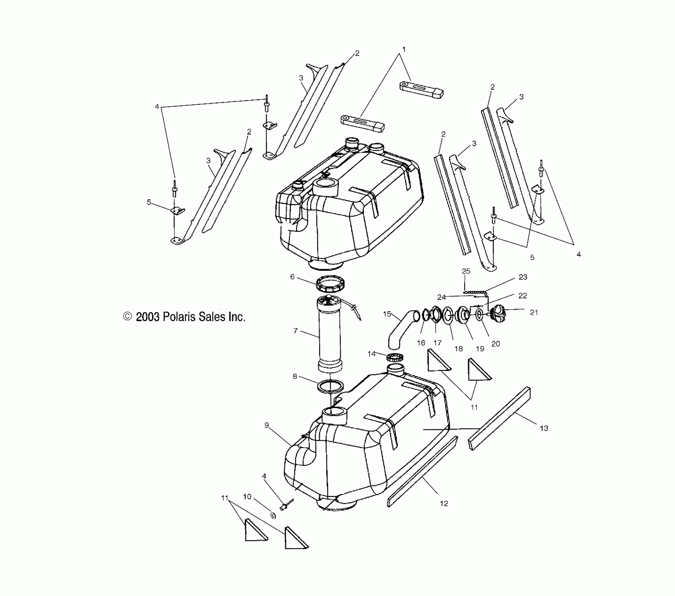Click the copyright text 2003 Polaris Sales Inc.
coord(185,317)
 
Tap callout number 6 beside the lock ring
coord(292,277)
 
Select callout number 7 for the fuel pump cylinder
coord(295,330)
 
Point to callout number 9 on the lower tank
coord(267,425)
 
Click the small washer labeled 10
coord(274,516)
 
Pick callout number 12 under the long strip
coord(444,503)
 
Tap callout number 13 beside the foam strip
coord(544,428)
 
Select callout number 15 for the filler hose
coord(387,314)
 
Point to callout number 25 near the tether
coord(466,271)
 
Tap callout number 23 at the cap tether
coord(523,277)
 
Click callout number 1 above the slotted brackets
coord(404,50)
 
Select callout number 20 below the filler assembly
coord(495,344)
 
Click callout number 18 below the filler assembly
coord(459,348)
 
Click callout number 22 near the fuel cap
coord(522,296)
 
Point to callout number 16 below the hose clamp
coord(421,343)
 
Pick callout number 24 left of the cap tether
coord(441,297)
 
